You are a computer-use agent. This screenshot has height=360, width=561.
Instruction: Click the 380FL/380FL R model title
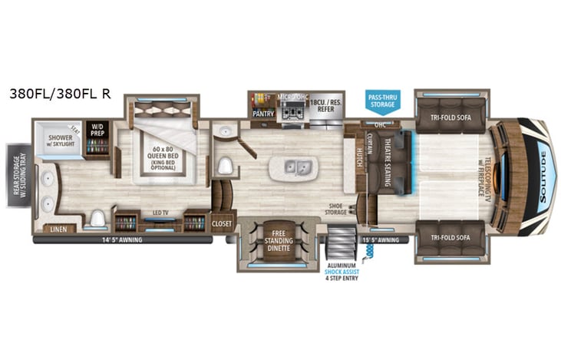(60, 94)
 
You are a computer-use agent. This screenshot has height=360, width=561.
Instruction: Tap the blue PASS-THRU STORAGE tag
(382, 100)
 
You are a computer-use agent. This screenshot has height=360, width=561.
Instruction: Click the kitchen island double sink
(297, 167)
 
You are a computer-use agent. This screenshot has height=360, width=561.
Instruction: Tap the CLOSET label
(222, 223)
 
